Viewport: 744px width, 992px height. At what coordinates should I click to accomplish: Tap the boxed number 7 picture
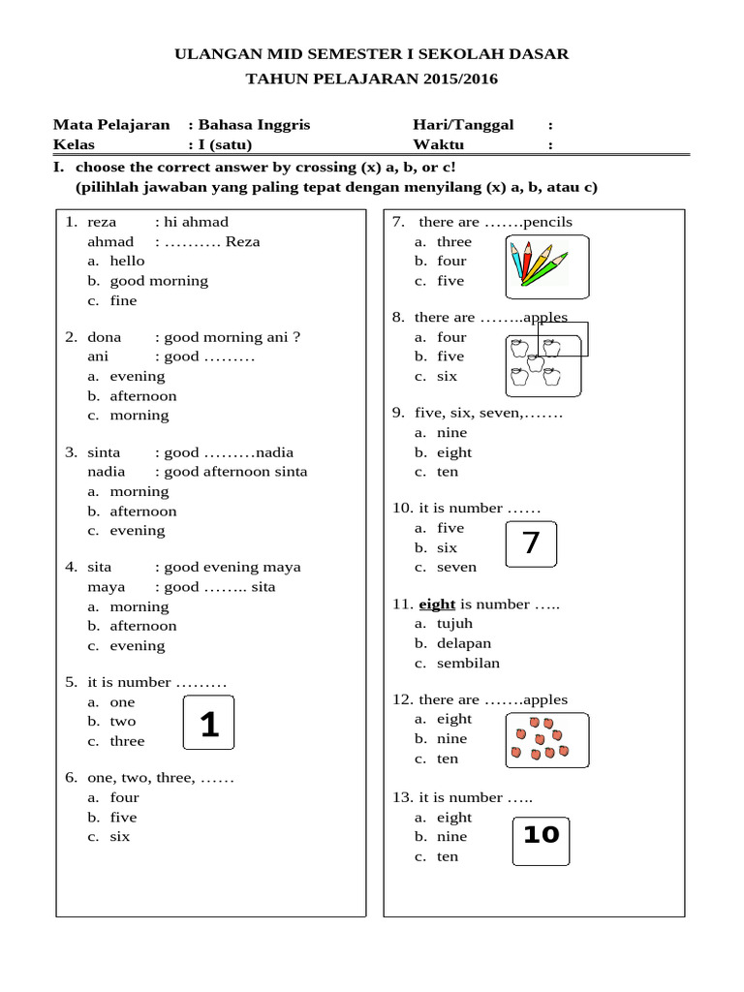[531, 543]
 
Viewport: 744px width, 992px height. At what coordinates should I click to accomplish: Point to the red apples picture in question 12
[548, 741]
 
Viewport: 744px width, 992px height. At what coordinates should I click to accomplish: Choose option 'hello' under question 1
[127, 261]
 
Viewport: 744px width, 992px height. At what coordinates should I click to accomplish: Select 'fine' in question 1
[123, 300]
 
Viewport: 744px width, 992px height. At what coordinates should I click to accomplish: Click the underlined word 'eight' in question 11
[437, 604]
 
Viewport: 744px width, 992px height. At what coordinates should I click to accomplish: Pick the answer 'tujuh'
[454, 624]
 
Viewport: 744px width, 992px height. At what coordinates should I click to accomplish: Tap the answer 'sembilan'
[468, 664]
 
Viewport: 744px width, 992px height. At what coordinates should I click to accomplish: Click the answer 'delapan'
[463, 643]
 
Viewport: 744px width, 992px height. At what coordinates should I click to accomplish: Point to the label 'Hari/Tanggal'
[463, 125]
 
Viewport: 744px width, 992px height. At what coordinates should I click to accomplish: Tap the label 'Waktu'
[439, 144]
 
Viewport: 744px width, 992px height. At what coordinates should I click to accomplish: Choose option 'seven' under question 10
[456, 568]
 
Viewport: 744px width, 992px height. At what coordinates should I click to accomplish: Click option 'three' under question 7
[453, 241]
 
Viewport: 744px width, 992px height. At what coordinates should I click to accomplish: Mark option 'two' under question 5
[123, 722]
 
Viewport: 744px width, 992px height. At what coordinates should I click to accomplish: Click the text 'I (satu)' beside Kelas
[225, 144]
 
